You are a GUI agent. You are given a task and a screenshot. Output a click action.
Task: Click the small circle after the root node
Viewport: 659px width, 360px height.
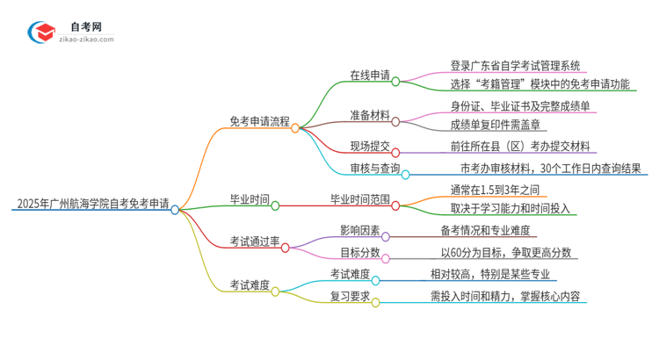(x=175, y=210)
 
